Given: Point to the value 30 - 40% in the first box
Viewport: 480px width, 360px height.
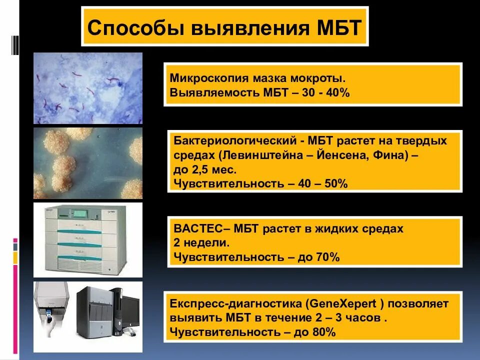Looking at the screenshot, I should [322, 92].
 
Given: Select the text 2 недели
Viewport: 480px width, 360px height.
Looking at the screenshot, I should [201, 243].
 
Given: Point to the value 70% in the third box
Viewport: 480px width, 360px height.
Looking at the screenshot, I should [327, 257].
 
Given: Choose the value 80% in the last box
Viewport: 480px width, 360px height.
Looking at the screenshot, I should [323, 331].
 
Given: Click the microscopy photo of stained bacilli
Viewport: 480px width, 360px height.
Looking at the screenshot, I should [88, 88].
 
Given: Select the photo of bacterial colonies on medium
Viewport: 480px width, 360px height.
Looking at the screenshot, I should [88, 163].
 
